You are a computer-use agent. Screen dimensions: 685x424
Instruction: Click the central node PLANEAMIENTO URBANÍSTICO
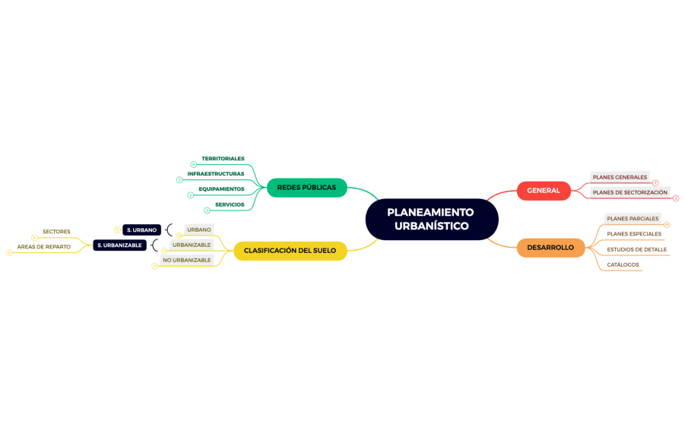pyautogui.click(x=431, y=219)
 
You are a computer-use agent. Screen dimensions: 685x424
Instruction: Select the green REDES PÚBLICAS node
pyautogui.click(x=306, y=188)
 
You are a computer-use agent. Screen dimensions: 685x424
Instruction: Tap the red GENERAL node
pyautogui.click(x=543, y=191)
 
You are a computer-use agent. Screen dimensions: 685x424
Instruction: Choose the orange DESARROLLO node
pyautogui.click(x=550, y=248)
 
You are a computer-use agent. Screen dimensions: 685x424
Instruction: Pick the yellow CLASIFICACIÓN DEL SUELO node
pyautogui.click(x=290, y=251)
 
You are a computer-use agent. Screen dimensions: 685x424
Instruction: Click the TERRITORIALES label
pyautogui.click(x=223, y=159)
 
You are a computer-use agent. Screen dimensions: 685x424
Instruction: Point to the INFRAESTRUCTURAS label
pyautogui.click(x=216, y=174)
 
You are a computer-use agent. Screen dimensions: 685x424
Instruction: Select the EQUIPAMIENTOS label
pyautogui.click(x=221, y=189)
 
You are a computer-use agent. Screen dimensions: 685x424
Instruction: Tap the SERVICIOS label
pyautogui.click(x=230, y=204)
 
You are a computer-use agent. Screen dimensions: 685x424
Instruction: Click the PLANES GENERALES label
pyautogui.click(x=620, y=178)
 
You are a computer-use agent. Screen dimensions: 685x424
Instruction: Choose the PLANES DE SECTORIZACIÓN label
pyautogui.click(x=630, y=193)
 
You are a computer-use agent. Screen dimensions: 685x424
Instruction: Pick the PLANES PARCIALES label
pyautogui.click(x=633, y=219)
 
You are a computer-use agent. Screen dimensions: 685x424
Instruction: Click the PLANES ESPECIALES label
pyautogui.click(x=634, y=234)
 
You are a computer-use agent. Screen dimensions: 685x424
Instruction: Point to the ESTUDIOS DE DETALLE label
pyautogui.click(x=636, y=249)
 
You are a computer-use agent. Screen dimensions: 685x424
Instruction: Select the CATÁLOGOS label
pyautogui.click(x=623, y=265)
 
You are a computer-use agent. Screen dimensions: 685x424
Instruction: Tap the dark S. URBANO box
pyautogui.click(x=141, y=229)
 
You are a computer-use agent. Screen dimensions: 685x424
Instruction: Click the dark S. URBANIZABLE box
pyautogui.click(x=120, y=245)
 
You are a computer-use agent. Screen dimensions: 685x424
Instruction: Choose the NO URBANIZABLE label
pyautogui.click(x=186, y=261)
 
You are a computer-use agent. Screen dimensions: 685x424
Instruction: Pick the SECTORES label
pyautogui.click(x=56, y=232)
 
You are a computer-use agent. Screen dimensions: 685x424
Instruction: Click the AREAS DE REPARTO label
pyautogui.click(x=44, y=247)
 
